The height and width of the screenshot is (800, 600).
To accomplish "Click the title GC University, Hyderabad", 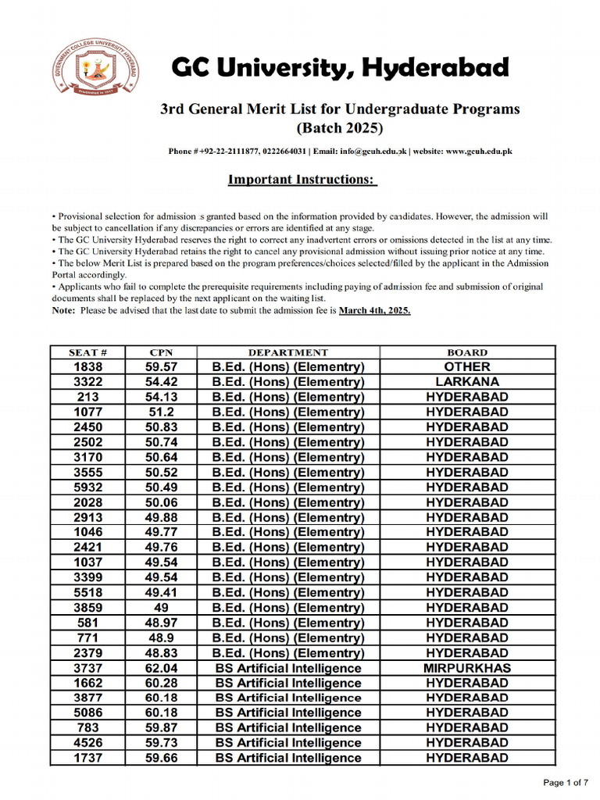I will [x=340, y=69].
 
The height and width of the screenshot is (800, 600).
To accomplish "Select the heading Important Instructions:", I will [x=302, y=180].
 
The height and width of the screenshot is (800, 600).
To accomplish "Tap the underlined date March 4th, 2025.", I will [x=374, y=310].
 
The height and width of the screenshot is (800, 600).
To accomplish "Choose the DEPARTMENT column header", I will [x=288, y=352].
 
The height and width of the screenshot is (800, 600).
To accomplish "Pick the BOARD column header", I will [x=467, y=352].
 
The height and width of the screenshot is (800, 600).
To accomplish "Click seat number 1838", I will [x=87, y=367].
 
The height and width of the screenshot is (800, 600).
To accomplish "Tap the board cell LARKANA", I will [x=467, y=382].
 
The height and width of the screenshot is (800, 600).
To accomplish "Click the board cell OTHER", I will [x=467, y=367].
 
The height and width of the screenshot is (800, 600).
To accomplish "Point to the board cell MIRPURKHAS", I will [x=467, y=668].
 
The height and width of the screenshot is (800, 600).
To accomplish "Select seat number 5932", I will [x=87, y=487].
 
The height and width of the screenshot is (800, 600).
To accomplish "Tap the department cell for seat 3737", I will [x=288, y=668].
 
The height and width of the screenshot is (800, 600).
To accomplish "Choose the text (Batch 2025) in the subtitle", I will [x=340, y=127].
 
